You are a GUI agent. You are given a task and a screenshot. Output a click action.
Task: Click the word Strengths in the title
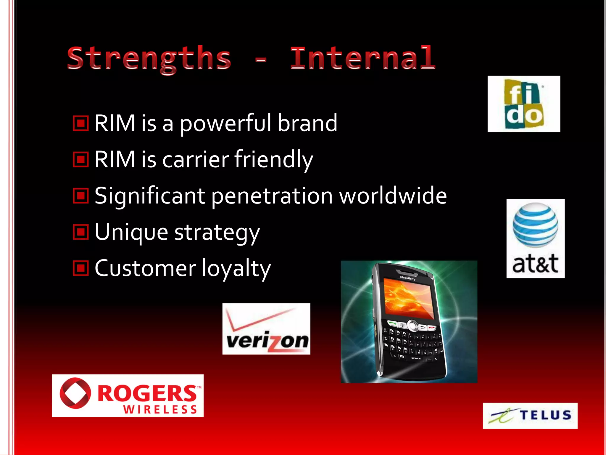[149, 59]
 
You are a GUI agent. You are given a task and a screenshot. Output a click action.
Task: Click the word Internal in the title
[362, 58]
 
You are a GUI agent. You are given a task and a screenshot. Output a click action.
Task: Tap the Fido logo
[524, 104]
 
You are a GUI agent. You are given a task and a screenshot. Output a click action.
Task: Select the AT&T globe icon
[535, 225]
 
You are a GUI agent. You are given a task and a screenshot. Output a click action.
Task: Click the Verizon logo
[266, 329]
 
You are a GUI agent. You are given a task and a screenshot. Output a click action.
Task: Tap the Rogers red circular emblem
[75, 393]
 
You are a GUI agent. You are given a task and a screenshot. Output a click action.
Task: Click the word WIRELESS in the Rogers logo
[160, 410]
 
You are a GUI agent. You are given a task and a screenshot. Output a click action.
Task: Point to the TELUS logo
[530, 415]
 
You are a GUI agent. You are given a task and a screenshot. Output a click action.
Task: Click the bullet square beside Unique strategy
[81, 232]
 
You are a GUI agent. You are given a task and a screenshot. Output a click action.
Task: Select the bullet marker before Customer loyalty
[81, 268]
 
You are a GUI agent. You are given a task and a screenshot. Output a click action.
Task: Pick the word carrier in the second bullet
[195, 159]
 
